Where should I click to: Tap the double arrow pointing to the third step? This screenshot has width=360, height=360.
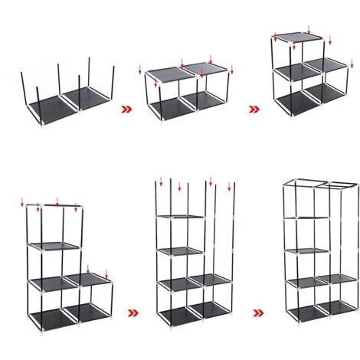pos(254,109)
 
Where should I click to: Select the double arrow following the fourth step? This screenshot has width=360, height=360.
pos(134,313)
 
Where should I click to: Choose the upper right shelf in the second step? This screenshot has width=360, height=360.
pos(205,70)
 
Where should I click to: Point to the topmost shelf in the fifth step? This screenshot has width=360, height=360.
pos(179,217)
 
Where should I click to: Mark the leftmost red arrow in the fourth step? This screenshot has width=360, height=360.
pos(22,204)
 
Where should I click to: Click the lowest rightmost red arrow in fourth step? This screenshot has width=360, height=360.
pos(106,273)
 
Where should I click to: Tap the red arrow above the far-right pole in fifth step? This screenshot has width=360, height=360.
pos(229,185)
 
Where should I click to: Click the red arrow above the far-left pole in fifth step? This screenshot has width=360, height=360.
pos(161,182)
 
